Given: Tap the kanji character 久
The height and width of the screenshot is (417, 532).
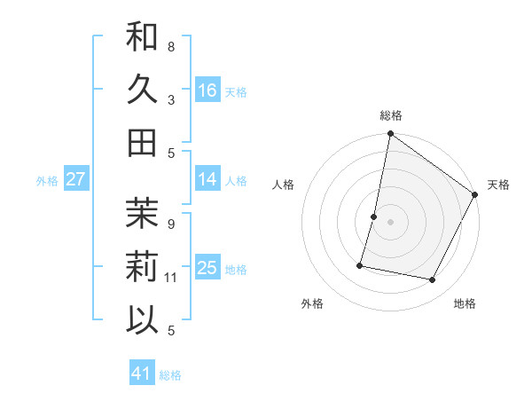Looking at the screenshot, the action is (142, 89).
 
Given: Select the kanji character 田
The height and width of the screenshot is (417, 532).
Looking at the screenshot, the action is (142, 142).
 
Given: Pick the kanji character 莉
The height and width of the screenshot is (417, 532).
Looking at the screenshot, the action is (142, 266).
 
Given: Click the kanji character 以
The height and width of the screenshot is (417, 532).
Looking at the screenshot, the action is (142, 319).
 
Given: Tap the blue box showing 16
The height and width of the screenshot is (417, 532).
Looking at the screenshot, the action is (207, 90).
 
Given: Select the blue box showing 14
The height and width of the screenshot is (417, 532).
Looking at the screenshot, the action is (207, 179).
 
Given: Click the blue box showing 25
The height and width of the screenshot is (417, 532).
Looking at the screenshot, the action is (207, 268).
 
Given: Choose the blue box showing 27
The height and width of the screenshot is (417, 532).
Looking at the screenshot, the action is (75, 179).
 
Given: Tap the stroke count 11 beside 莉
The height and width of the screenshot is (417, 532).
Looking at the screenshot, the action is (172, 278).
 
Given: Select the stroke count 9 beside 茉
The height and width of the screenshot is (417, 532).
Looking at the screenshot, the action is (171, 224).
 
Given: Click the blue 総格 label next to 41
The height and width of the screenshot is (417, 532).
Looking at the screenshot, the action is (170, 375).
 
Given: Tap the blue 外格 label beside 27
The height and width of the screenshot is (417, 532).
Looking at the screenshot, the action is (47, 181).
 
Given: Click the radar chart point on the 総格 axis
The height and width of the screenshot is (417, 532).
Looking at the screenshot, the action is (390, 135).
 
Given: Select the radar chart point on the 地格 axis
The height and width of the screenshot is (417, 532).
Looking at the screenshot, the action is (433, 280).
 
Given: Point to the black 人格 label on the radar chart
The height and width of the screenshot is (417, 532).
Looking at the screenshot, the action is (284, 185).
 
